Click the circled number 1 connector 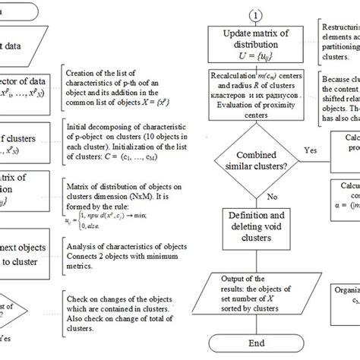click(x=256, y=14)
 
